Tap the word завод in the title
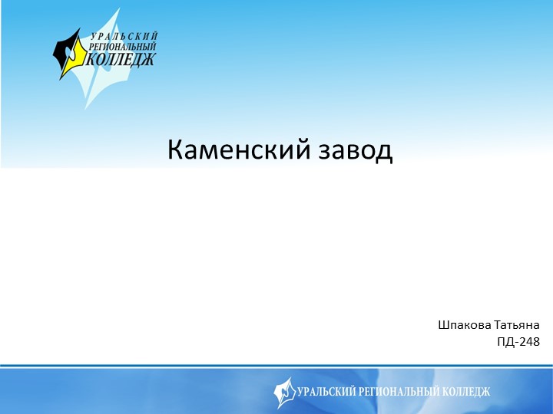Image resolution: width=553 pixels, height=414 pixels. (355, 150)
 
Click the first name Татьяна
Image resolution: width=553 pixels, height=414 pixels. (516, 324)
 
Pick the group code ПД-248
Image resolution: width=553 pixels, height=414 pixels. (518, 341)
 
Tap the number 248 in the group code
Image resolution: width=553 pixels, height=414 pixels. (530, 341)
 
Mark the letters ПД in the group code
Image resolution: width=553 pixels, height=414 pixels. (506, 341)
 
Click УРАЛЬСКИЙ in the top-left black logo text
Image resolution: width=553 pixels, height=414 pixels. (124, 37)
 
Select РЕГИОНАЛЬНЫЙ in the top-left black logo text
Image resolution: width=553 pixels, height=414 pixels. (121, 47)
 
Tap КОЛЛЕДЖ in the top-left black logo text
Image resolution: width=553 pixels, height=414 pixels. (121, 58)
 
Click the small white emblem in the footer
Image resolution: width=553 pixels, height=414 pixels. (284, 392)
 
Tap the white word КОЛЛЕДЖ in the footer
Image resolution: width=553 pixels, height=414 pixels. (465, 392)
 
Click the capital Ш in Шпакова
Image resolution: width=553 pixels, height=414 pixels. (443, 324)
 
